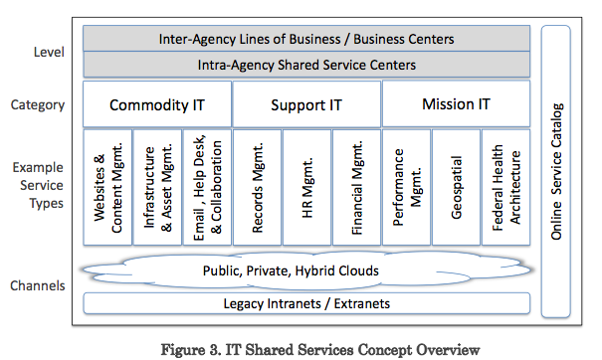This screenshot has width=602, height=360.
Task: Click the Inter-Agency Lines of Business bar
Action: tap(306, 40)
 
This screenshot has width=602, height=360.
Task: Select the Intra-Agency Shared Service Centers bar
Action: tap(306, 65)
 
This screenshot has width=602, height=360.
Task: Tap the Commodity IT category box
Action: tap(156, 104)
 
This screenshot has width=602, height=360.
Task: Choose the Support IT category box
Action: tap(306, 104)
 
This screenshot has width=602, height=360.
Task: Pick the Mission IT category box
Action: tap(456, 104)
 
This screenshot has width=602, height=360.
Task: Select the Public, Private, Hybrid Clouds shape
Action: tap(306, 270)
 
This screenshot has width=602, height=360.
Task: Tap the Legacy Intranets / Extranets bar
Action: tap(306, 302)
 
